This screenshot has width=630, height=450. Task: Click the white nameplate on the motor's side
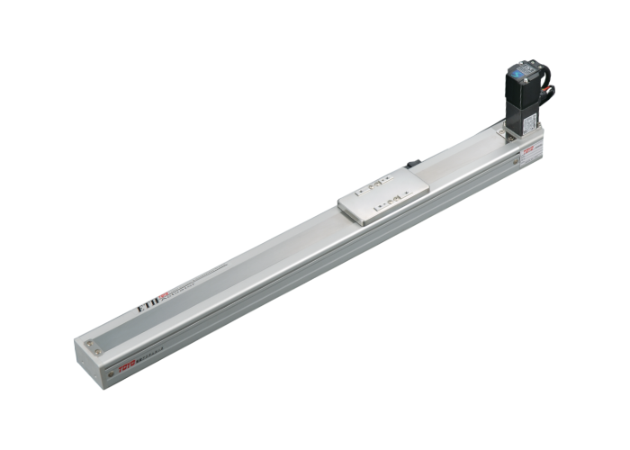529,121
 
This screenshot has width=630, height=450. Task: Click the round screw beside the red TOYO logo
111,373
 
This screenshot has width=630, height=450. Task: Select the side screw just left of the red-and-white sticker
516,161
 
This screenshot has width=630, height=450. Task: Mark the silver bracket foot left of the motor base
502,132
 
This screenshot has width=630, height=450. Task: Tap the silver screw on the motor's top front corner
526,80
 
